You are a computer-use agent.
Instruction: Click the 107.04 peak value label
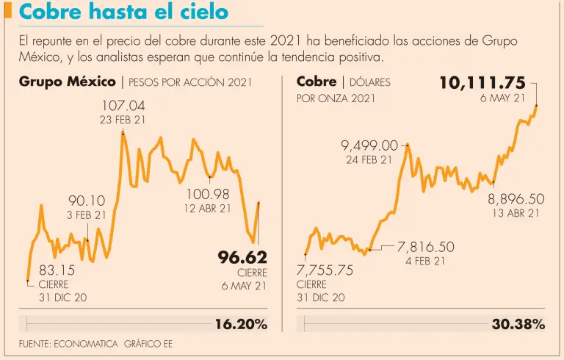coord(123,107)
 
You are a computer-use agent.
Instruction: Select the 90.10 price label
coord(87,201)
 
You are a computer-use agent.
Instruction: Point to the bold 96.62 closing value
coord(242,257)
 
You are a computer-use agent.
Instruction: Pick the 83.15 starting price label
coord(57,270)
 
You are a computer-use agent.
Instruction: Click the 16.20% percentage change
coord(241,324)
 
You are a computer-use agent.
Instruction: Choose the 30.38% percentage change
coord(518,324)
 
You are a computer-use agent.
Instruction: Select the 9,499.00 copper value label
coord(369,145)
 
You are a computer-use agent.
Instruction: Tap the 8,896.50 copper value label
coord(516,199)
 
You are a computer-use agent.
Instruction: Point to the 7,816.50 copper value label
coord(425,247)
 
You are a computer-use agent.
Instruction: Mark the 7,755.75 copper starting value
coord(325,270)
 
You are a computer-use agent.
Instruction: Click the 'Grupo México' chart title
coord(67,81)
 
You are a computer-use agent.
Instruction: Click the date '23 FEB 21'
coord(123,120)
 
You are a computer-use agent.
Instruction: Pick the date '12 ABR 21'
coord(208,208)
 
